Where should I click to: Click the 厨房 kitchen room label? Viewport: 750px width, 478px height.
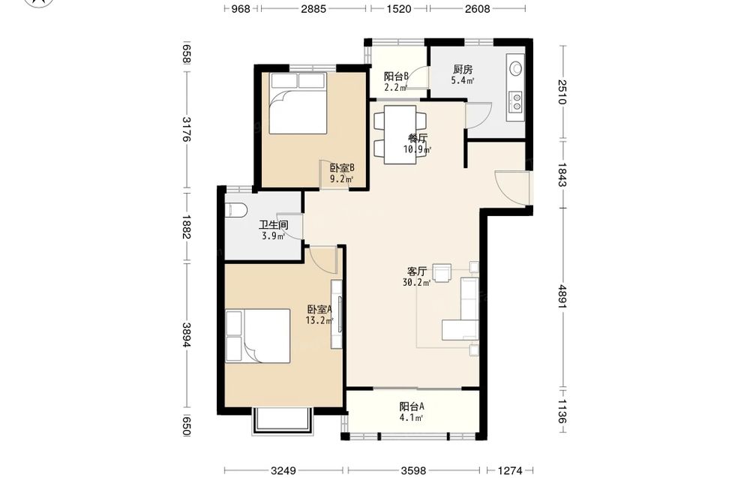463,69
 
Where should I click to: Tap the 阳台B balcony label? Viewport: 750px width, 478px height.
396,76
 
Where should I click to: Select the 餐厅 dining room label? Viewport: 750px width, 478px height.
418,138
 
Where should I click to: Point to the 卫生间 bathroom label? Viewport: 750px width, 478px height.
274,224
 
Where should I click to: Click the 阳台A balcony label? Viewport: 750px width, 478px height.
412,407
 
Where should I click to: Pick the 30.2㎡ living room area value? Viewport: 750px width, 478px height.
416,282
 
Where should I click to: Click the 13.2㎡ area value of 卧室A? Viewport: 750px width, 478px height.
319,320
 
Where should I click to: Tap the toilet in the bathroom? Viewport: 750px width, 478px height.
235,209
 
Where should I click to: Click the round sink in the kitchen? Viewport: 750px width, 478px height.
516,68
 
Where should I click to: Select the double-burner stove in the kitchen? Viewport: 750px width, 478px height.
516,101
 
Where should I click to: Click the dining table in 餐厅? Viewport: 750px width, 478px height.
400,134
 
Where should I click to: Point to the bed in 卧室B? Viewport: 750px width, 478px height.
298,103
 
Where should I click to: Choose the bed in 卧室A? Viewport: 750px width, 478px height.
258,336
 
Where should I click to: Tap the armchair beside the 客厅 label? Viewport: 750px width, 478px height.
442,272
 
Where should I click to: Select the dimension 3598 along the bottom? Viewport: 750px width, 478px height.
414,470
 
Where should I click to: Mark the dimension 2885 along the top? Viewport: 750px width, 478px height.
313,8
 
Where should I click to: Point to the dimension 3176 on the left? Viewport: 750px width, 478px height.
186,130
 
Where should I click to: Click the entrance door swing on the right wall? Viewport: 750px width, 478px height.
513,188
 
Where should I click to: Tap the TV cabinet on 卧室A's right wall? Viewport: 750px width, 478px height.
337,314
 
